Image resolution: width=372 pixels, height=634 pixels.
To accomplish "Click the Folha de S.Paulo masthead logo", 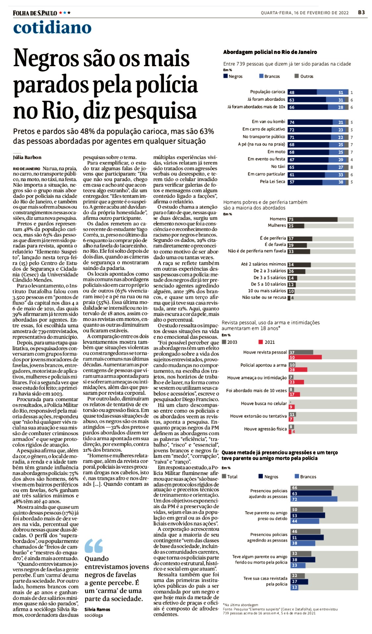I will (35, 13).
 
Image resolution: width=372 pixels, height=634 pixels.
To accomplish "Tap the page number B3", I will (361, 13).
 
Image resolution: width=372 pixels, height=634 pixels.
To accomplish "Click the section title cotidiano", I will (52, 27).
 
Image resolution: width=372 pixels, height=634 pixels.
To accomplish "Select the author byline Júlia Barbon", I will (27, 157).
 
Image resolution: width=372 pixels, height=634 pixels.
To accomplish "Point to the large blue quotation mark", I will (94, 546).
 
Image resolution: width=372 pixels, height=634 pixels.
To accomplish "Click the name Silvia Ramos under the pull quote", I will (97, 609).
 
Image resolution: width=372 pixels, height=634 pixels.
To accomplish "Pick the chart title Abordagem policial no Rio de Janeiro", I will (270, 52).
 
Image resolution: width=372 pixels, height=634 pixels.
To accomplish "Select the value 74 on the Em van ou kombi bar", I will (292, 122).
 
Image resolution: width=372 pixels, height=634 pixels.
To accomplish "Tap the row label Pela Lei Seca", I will (272, 181).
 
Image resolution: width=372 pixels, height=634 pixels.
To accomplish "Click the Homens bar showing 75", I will (312, 219).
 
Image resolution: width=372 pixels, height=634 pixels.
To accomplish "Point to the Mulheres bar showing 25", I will (295, 226).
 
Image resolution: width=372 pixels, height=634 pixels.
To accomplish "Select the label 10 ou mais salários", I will (267, 291).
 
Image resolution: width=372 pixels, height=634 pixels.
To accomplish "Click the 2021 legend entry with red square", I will (267, 342).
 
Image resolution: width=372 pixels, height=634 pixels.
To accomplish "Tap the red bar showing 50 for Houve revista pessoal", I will (305, 357).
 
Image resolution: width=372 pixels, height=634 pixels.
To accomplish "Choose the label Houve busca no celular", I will (264, 403).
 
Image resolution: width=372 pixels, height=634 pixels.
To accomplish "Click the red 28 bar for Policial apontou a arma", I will (297, 369).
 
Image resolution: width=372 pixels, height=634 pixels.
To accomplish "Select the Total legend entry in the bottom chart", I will (230, 476).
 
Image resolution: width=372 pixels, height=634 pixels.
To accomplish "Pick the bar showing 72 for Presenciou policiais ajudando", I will (314, 499).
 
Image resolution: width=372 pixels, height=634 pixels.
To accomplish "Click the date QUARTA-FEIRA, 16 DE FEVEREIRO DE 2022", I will (304, 13).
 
